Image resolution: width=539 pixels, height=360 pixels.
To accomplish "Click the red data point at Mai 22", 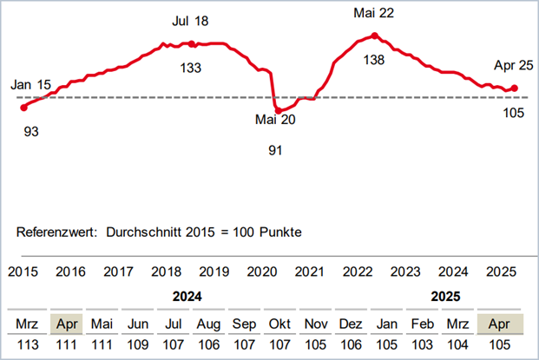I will [374, 36].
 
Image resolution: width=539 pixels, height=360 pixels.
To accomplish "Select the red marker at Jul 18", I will [191, 43].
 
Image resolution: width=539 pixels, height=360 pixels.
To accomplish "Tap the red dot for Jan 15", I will [23, 108].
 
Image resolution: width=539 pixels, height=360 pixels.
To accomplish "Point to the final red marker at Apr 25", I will [515, 88].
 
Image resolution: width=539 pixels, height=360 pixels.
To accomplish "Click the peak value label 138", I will [373, 60].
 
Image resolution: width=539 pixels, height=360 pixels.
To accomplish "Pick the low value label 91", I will [276, 150].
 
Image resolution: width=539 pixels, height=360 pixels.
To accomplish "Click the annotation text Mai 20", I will [275, 120].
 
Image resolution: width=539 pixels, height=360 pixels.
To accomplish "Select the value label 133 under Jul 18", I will [191, 68].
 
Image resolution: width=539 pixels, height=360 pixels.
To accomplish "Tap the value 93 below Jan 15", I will [32, 132].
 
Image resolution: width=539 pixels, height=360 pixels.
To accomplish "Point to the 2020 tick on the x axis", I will [260, 272].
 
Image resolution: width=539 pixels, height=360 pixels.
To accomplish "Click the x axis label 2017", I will [118, 272].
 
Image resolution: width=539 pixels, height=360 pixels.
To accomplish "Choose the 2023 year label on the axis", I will [403, 272].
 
